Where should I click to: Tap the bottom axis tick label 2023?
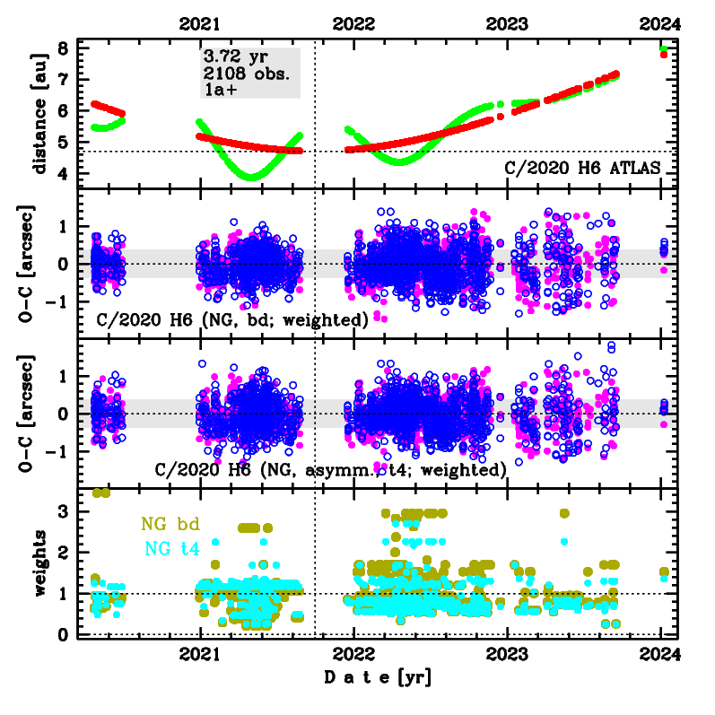click(508, 652)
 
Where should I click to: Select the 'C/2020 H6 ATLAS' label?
click(582, 167)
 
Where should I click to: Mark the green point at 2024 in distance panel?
click(663, 48)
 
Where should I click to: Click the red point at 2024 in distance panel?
click(663, 55)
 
